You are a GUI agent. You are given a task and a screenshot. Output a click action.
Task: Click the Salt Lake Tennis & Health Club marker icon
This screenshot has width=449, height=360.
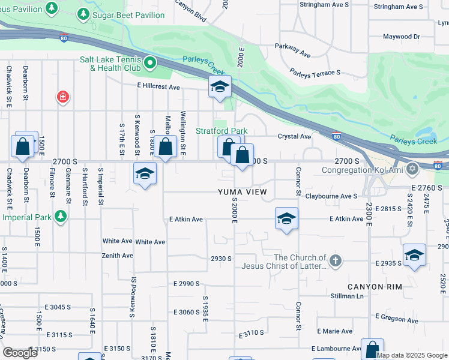[151, 62]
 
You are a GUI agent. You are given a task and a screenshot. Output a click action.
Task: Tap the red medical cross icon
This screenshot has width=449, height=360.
[62, 97]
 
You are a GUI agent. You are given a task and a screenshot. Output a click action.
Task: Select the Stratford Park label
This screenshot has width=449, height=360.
[222, 131]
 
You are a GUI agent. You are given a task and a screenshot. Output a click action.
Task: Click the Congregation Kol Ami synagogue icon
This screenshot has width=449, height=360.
[412, 169]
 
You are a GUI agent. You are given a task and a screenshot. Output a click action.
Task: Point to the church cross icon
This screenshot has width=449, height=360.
[336, 261]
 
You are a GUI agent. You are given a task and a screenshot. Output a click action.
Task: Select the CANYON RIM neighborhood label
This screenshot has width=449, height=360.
[373, 287]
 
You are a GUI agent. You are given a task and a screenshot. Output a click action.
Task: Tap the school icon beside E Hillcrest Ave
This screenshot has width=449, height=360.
[220, 88]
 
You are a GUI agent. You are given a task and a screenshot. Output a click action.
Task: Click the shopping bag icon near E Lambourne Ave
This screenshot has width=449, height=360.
[372, 349]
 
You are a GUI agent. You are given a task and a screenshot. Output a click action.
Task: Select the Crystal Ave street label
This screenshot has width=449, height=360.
[294, 136]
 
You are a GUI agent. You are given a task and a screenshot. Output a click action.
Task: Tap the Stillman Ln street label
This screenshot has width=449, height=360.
[347, 296]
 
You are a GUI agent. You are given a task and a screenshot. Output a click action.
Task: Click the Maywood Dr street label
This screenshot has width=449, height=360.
[402, 37]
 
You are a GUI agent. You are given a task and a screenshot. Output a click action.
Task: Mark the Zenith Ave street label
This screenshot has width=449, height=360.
[118, 256]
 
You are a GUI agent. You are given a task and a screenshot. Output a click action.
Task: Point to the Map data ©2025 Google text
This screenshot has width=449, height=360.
[411, 355]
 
